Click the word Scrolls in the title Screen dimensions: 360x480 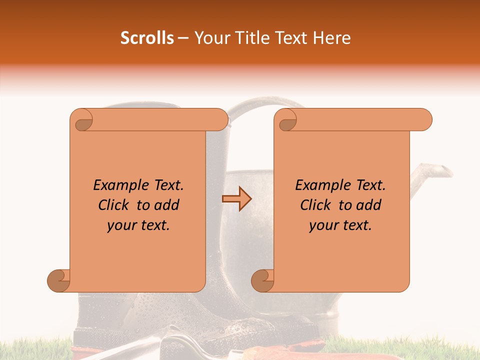click(147, 38)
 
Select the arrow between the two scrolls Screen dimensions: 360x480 click(236, 199)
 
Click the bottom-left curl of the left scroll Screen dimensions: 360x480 click(58, 280)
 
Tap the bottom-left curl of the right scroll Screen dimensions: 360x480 click(262, 280)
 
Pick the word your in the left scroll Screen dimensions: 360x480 click(120, 225)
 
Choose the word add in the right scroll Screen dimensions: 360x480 click(368, 205)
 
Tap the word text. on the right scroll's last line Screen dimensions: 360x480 click(356, 225)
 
